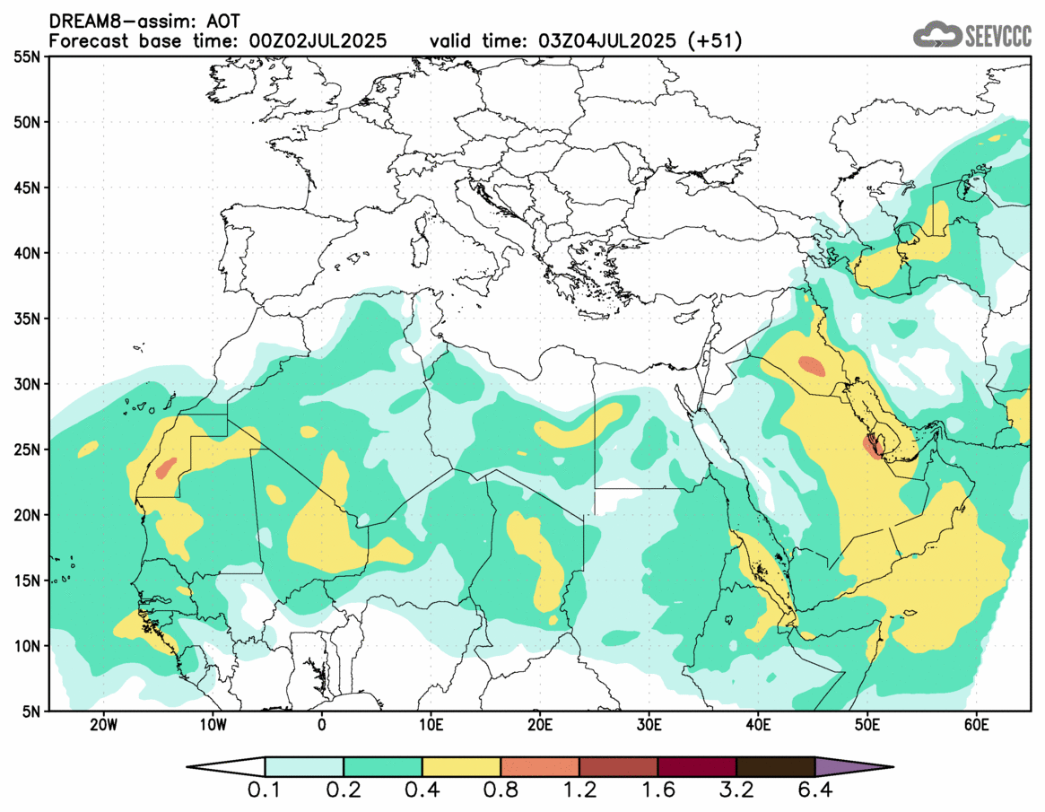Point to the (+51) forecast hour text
pos(714,41)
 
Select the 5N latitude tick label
pos(29,712)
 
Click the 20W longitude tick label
pos(104,725)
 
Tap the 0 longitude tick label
pos(322,725)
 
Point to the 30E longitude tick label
pos(649,725)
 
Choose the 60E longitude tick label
pos(976,725)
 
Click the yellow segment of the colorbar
pos(461,767)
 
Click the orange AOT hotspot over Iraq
pos(813,366)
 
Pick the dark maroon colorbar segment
pos(697,767)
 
